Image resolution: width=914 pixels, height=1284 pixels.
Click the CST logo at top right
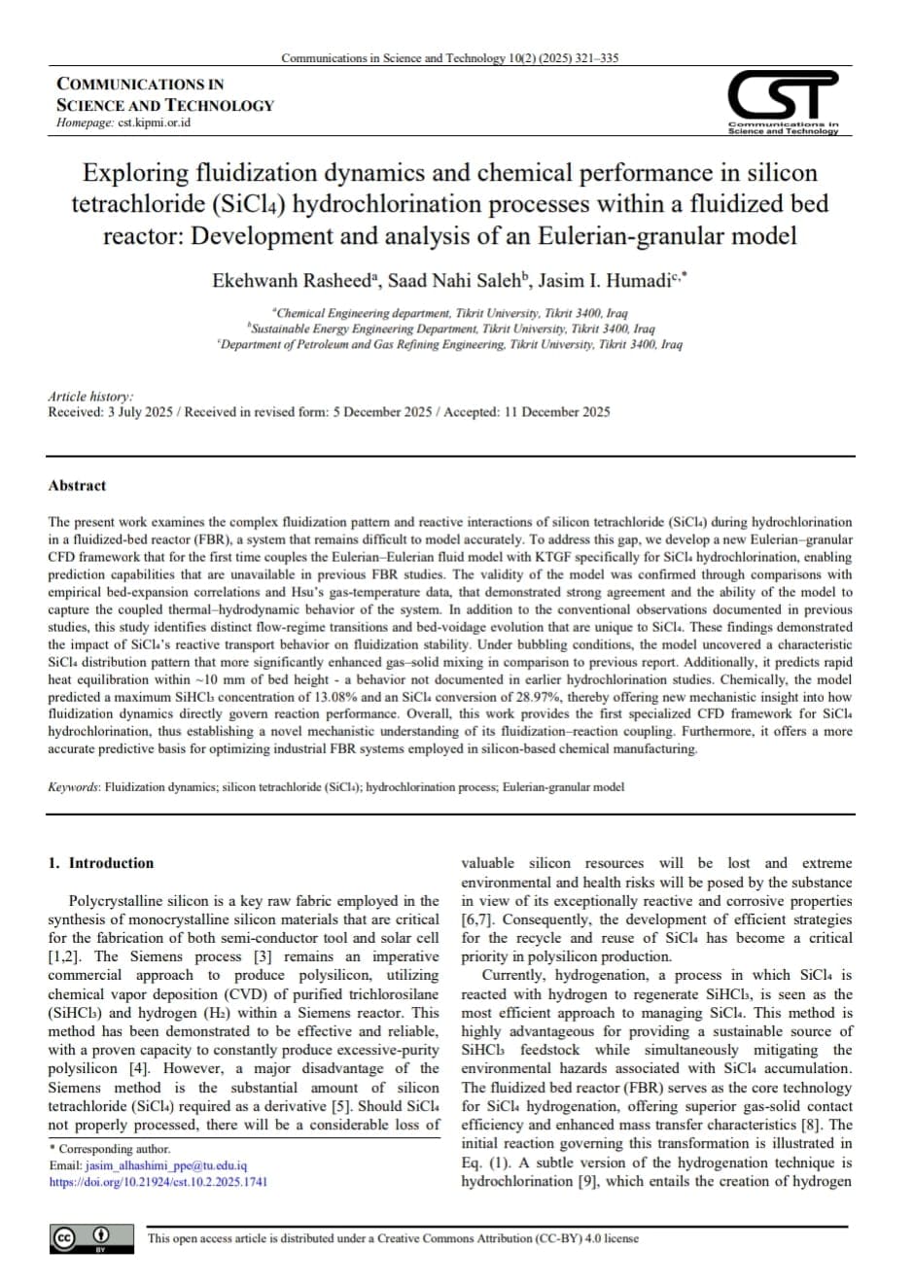tap(783, 101)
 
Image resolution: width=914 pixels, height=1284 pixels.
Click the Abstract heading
tap(77, 486)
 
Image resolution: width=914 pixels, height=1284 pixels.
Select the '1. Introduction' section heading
tap(101, 863)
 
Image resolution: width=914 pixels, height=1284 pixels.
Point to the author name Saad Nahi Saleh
tap(455, 281)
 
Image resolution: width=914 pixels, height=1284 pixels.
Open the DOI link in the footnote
tap(158, 1182)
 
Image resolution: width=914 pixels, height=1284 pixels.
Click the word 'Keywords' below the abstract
tap(73, 787)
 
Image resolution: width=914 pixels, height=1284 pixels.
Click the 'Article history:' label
tap(91, 397)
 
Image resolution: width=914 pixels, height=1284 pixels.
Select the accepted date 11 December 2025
tap(557, 412)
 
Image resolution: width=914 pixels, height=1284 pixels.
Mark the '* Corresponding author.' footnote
tap(109, 1149)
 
